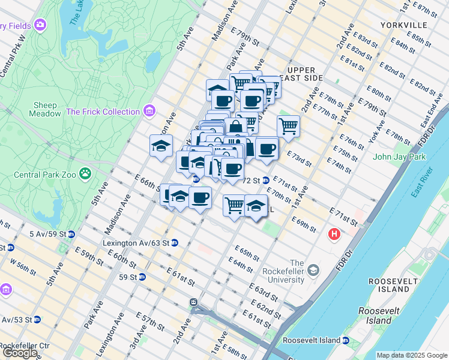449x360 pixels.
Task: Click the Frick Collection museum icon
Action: point(149,112)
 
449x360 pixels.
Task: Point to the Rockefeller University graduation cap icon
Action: point(313,271)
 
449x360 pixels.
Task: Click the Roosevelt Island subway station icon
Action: point(346,340)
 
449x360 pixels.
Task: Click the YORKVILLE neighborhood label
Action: point(403,25)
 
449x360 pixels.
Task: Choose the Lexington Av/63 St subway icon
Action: point(175,243)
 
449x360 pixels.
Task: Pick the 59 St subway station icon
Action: point(142,277)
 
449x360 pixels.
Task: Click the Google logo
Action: point(19,353)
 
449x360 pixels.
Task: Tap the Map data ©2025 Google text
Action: point(412,355)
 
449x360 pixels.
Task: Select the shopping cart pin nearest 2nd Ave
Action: point(288,127)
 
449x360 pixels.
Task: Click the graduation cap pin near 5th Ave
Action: point(161,146)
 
